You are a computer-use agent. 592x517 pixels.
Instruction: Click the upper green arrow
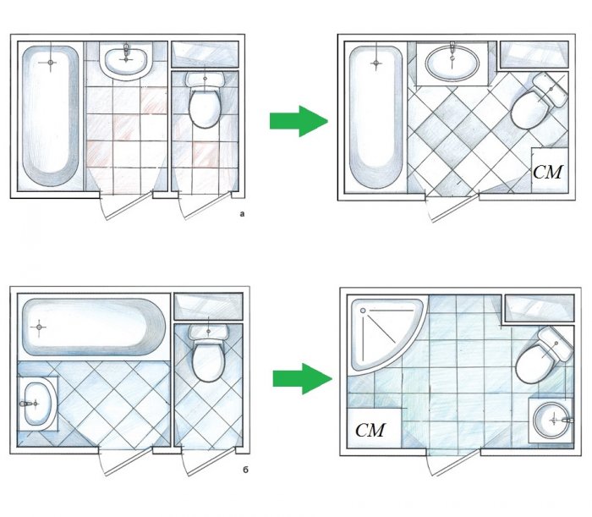coord(299,121)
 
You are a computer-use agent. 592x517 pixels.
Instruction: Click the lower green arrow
coord(302,379)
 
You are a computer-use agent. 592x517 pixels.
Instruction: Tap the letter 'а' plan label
coord(242,214)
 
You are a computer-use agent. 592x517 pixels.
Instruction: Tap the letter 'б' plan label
coord(245,470)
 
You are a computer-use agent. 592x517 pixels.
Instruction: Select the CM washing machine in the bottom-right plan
coord(374,428)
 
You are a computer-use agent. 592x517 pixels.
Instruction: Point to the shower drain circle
coord(363,311)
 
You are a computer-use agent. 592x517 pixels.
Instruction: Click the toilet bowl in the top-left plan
coord(205,107)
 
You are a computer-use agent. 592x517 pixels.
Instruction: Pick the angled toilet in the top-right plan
coord(540,100)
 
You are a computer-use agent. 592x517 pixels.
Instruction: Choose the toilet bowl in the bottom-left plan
coord(208,360)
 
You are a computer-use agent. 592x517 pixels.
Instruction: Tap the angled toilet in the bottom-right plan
coord(543,355)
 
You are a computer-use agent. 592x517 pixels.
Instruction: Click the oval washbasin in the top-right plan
coord(452,63)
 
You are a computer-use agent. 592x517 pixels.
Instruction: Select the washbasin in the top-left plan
coord(126,60)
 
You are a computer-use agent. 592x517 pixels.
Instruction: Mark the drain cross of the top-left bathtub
coord(50,63)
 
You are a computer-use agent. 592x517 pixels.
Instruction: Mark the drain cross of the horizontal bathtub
coord(39,327)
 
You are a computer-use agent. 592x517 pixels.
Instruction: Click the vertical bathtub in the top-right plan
coord(375,118)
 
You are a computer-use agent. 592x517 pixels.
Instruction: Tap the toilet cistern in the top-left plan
coord(205,80)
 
